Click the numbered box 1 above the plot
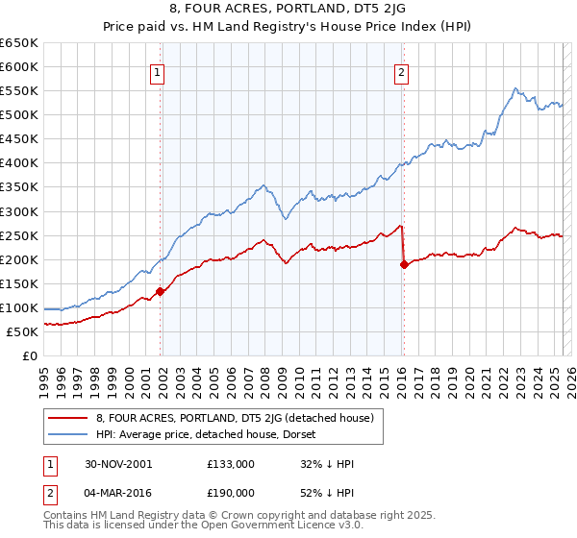click(157, 70)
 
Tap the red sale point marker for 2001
click(160, 291)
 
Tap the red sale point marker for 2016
click(404, 264)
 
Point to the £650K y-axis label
click(19, 43)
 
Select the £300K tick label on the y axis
click(19, 211)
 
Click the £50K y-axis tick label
click(23, 331)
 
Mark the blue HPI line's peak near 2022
click(516, 88)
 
